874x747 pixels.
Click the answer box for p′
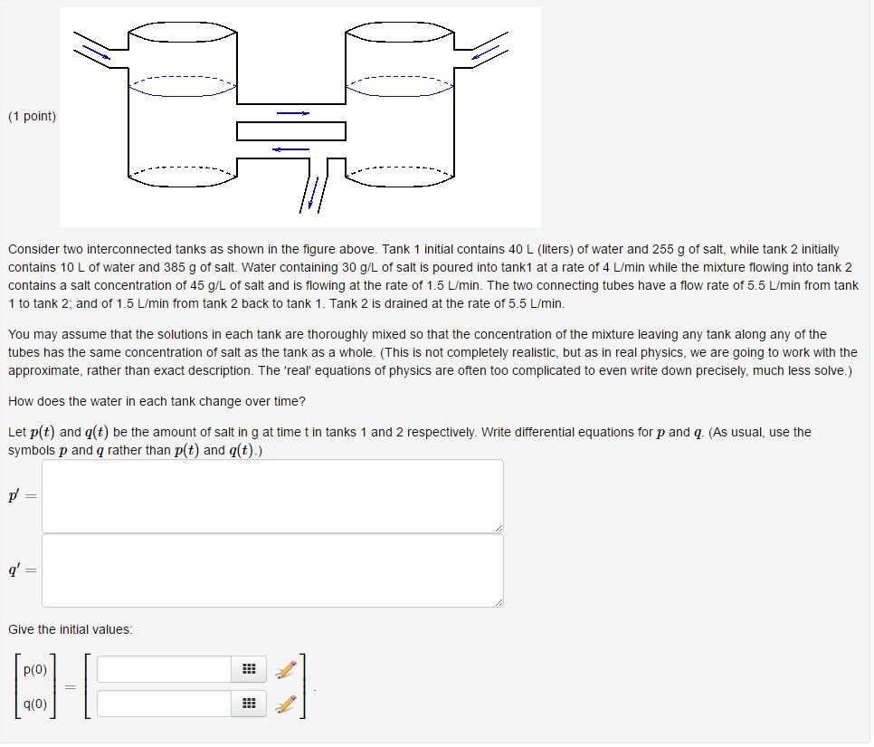[272, 495]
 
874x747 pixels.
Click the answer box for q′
[272, 570]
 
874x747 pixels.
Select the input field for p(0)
[164, 669]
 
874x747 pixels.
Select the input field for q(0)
[164, 703]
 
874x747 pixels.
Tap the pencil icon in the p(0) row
[286, 669]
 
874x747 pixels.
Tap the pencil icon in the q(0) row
[286, 703]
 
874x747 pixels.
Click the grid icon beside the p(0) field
[249, 669]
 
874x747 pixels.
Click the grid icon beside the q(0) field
[249, 703]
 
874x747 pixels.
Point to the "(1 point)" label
[32, 116]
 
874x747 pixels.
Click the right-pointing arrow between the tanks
[292, 113]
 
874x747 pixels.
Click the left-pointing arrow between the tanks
[290, 149]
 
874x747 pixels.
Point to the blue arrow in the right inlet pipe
[485, 53]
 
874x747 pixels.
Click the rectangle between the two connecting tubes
[291, 131]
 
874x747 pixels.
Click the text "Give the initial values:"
[70, 628]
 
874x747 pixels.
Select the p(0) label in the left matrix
[35, 670]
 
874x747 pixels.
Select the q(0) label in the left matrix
[35, 704]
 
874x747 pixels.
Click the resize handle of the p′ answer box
[498, 528]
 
